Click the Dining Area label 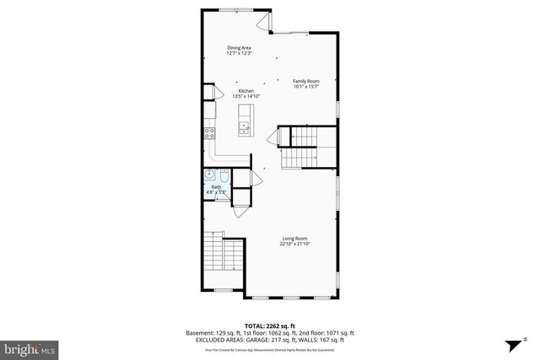[240, 48]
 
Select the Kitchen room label [246, 90]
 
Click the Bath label [216, 187]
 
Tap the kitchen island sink [244, 128]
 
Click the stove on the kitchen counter [208, 132]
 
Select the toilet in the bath [223, 177]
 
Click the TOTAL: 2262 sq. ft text [269, 325]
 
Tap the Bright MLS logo [29, 347]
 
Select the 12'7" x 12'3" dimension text [240, 54]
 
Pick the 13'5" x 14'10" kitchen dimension [246, 96]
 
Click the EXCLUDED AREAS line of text [270, 339]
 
